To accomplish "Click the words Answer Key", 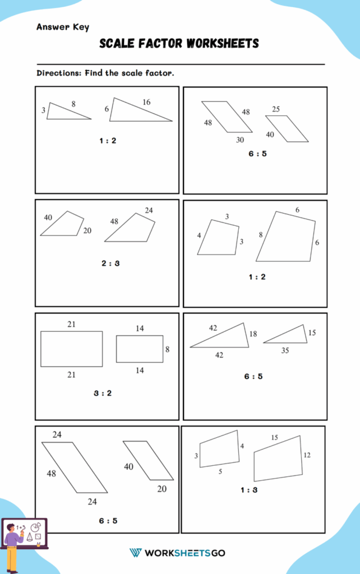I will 62,27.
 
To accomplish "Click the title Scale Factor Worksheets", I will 179,43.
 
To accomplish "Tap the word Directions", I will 59,73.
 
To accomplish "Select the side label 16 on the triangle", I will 146,102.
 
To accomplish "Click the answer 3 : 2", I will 103,393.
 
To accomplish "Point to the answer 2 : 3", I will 110,263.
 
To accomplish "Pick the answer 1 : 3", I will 250,490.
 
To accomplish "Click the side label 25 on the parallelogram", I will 276,109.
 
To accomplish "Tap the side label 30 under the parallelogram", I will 239,140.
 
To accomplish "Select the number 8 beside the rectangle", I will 167,349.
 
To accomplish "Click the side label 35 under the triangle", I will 285,350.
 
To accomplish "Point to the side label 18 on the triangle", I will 253,334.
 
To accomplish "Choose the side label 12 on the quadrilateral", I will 307,455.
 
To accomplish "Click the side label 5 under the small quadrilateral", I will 220,471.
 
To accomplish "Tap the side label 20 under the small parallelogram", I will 161,489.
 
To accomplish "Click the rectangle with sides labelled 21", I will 71,349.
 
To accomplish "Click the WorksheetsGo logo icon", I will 135,553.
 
